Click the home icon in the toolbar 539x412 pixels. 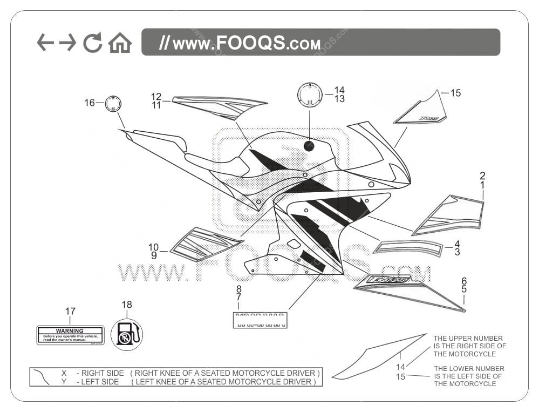tap(120, 43)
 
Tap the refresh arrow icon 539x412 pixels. tap(93, 43)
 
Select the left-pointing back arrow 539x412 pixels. tap(45, 42)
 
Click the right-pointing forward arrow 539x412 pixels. tap(67, 42)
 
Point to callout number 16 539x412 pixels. tap(90, 103)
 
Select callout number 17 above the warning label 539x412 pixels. tap(70, 312)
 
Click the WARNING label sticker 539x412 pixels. tap(70, 335)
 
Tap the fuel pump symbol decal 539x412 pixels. tap(127, 334)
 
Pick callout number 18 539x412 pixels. tap(127, 305)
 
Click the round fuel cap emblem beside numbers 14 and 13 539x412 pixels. tap(310, 94)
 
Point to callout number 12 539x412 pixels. tap(156, 96)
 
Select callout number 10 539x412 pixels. tap(154, 247)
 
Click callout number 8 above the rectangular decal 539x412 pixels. tap(238, 289)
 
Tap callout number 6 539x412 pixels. tap(464, 281)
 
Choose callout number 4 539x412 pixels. tap(457, 244)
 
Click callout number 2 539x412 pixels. tap(482, 175)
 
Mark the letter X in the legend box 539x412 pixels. tap(64, 373)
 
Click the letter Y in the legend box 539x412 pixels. tap(64, 382)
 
